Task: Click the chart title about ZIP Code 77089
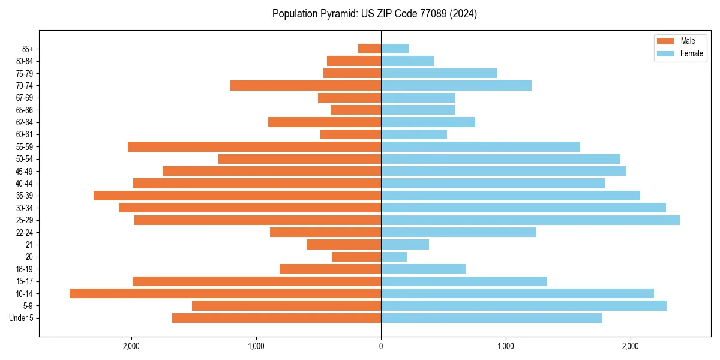click(374, 14)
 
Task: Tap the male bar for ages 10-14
click(225, 293)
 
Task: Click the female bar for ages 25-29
click(530, 220)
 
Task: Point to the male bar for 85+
click(370, 49)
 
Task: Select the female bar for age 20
click(394, 257)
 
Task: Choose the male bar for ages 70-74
click(305, 85)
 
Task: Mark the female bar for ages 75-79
click(439, 73)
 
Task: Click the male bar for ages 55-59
click(254, 146)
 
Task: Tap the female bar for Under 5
click(491, 318)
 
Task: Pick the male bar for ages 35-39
click(237, 196)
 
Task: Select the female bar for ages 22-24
click(458, 232)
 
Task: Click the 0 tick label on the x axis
click(381, 346)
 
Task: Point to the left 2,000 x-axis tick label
click(131, 346)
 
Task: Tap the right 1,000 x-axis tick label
click(506, 346)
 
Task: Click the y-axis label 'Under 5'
click(21, 318)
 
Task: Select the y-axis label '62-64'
click(25, 122)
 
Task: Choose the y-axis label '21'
click(29, 245)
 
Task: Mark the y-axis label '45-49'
click(25, 171)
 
